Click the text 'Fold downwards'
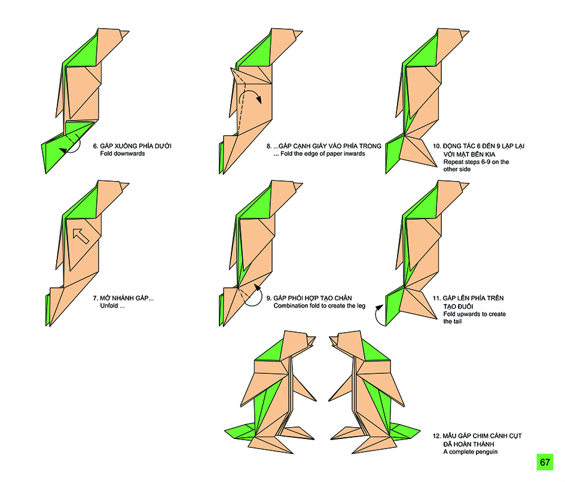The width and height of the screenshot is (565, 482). pos(122,153)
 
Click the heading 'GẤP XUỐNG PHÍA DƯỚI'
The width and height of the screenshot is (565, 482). pos(135,145)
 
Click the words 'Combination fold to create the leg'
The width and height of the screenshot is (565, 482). pos(319,306)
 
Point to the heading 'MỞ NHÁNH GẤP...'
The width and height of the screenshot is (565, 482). pos(127,297)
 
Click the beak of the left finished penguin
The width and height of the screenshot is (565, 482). pos(311,342)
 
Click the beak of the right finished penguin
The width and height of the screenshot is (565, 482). pos(332,341)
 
